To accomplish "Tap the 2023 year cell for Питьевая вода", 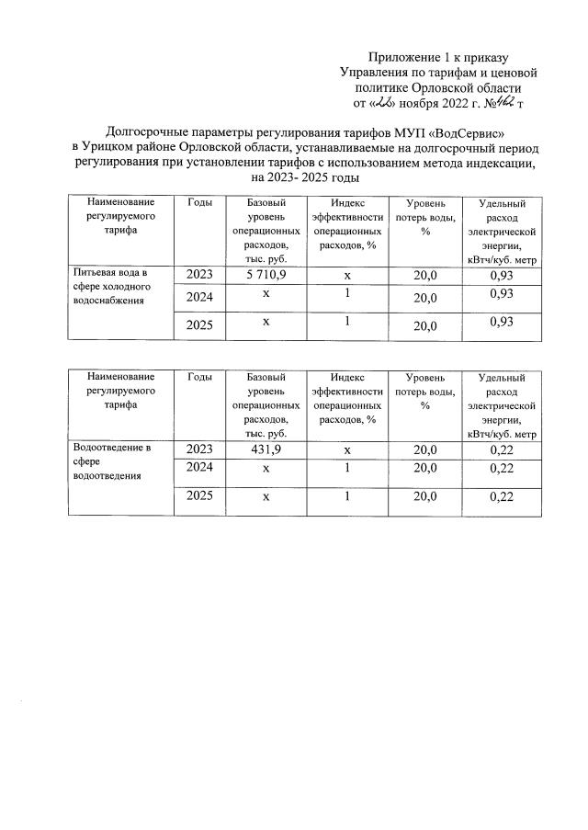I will pos(204,275).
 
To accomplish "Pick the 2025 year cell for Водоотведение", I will pos(204,497).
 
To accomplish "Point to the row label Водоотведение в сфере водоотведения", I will pos(110,461).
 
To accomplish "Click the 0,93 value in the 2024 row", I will pos(502,293).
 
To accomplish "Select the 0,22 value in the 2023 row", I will pos(502,449).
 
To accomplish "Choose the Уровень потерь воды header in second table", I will pos(425,392).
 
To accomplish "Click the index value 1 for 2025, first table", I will pos(347,323).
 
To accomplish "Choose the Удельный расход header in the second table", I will pos(502,404).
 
